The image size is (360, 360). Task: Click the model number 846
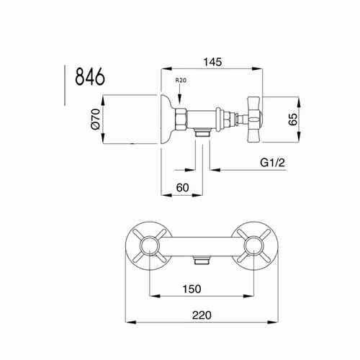[x=90, y=76]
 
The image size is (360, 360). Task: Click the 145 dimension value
[x=212, y=62]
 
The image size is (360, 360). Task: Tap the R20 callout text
[x=181, y=80]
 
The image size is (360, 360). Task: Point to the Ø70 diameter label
[x=96, y=119]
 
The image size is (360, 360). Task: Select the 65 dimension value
[x=292, y=120]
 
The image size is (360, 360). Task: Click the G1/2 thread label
[x=272, y=163]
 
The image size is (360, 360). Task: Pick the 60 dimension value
[x=183, y=187]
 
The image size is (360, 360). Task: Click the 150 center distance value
[x=192, y=289]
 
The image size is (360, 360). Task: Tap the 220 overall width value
[x=202, y=315]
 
